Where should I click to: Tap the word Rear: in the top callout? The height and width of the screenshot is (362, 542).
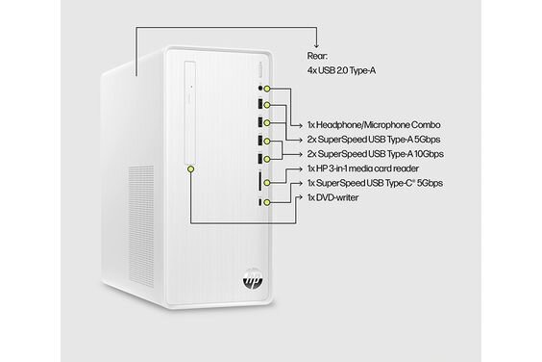coord(319,55)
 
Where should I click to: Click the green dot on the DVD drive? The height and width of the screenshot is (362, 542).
coord(192,168)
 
